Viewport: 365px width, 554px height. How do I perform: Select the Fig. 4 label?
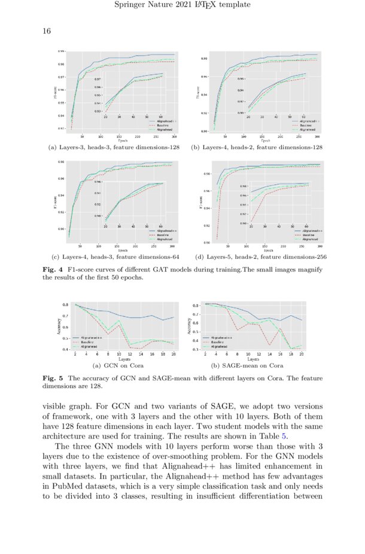pos(51,270)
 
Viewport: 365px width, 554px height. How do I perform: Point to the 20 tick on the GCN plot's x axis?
pos(173,354)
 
